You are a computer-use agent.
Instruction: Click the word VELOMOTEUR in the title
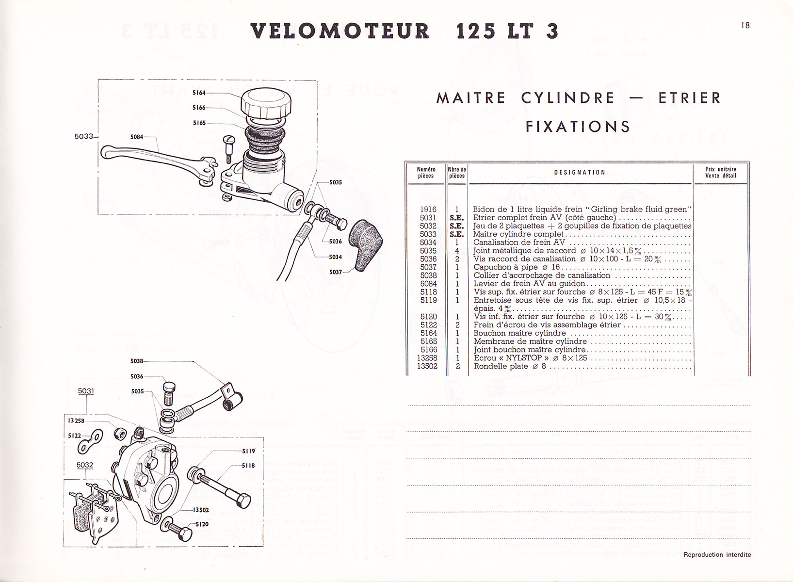pos(340,31)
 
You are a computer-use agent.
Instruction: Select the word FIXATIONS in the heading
pos(578,127)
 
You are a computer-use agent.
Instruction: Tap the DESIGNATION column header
pos(580,172)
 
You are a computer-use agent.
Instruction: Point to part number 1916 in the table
pos(428,210)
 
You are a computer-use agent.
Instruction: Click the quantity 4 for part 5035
pos(457,251)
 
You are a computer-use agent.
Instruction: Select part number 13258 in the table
pos(427,358)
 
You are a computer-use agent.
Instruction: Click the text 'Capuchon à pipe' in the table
pos(504,267)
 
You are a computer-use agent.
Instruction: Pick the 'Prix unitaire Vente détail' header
pos(721,172)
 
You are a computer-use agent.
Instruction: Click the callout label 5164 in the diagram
pos(199,92)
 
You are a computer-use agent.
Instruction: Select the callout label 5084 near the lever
pos(137,137)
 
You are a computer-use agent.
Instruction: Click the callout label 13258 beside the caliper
pos(76,420)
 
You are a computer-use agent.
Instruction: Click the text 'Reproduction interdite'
pos(717,555)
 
